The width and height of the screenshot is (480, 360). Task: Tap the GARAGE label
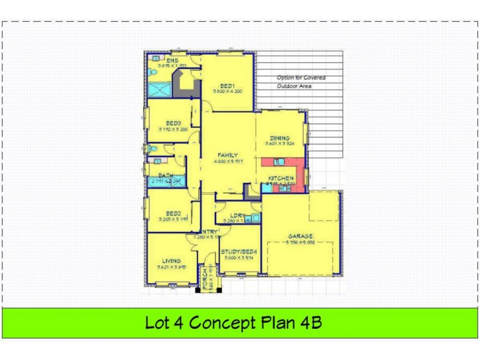pos(301,236)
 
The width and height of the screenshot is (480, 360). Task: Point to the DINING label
pos(280,137)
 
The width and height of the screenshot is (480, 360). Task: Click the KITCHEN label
pos(280,178)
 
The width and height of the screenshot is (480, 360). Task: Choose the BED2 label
pos(173,213)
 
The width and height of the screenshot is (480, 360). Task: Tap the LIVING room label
pos(171,260)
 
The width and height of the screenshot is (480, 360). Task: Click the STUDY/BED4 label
pos(239,251)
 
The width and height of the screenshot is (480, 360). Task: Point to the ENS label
pos(172,61)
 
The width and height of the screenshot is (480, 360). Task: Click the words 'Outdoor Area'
pos(294,86)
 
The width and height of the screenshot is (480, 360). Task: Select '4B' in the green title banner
pos(310,323)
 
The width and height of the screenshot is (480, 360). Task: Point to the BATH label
pos(166,175)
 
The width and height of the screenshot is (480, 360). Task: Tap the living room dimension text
pos(172,267)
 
